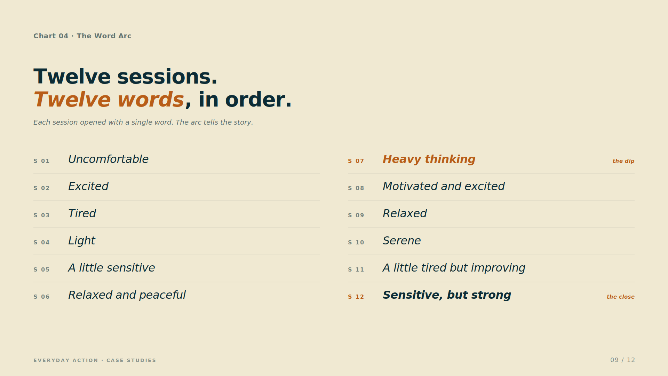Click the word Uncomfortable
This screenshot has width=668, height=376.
tap(108, 159)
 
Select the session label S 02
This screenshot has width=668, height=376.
tap(41, 188)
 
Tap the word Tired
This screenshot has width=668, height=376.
tap(82, 213)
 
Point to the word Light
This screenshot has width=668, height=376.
tap(81, 241)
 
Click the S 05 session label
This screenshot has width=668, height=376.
tap(41, 269)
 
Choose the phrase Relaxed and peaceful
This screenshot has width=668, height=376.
tap(127, 295)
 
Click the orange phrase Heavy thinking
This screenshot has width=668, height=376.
tap(429, 159)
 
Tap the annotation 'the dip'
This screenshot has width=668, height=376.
tap(623, 161)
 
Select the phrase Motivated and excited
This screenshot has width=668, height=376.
tap(444, 186)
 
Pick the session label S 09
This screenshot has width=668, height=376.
tap(356, 215)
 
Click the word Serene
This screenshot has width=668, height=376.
tap(401, 241)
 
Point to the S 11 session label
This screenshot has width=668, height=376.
tap(356, 269)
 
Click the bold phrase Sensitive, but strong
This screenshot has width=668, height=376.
tap(447, 295)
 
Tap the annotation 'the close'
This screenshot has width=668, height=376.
tap(621, 297)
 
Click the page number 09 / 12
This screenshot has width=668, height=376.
tap(623, 360)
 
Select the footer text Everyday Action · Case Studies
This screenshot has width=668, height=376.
tap(95, 360)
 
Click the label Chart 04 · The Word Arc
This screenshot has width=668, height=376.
tap(82, 36)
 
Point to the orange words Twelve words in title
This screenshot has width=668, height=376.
tap(109, 100)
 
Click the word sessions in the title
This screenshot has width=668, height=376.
tap(167, 77)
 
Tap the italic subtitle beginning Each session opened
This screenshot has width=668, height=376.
tap(143, 123)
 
